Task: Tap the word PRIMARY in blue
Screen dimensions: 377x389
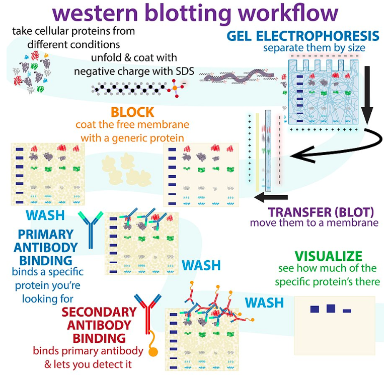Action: pos(45,234)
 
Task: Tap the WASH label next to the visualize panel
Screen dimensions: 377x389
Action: pos(264,303)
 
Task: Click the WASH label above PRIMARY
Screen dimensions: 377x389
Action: pos(45,215)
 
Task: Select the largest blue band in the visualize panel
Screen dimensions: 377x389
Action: pos(331,309)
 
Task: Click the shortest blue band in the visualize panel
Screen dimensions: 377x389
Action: pos(347,311)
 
